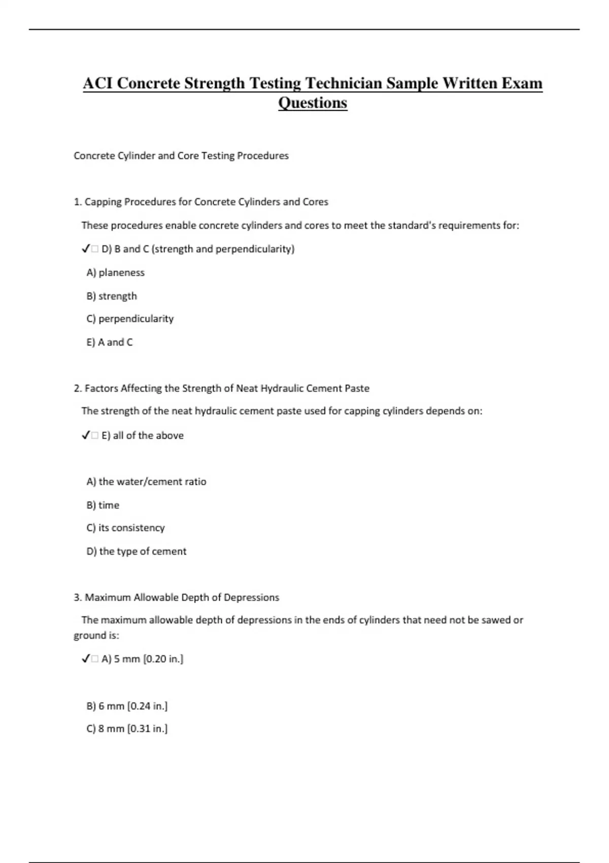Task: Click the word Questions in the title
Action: click(x=313, y=103)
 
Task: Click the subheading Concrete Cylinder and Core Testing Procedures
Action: click(x=181, y=156)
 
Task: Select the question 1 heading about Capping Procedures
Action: click(x=201, y=202)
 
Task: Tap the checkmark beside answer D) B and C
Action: click(x=85, y=249)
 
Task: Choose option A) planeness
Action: click(x=115, y=273)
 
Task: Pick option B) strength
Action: click(x=112, y=296)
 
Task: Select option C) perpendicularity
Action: click(x=130, y=319)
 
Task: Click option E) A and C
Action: click(x=110, y=342)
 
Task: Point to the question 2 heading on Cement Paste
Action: click(x=221, y=388)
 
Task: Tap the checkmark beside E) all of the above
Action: click(x=85, y=436)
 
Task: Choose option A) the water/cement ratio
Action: click(x=146, y=482)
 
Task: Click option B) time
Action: click(x=103, y=505)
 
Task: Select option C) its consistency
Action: click(x=125, y=528)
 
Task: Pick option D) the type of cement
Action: click(x=137, y=551)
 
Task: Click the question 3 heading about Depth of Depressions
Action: click(x=176, y=598)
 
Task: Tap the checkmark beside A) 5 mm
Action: click(x=85, y=659)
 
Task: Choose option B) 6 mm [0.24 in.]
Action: click(x=127, y=706)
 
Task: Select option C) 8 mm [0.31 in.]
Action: click(x=127, y=729)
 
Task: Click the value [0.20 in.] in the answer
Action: click(x=163, y=659)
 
